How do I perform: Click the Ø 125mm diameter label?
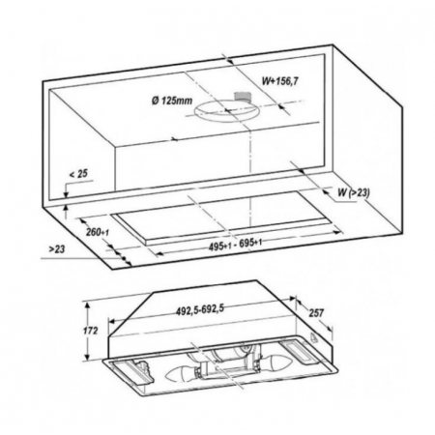[172, 101]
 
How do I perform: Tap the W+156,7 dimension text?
[279, 81]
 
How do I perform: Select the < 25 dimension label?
[78, 174]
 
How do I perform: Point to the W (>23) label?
[354, 192]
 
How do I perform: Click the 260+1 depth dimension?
[98, 232]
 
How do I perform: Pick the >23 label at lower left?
[57, 249]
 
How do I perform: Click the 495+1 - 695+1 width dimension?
[235, 245]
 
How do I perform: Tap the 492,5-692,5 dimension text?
[200, 310]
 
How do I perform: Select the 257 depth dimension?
[316, 312]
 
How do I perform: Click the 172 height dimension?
[90, 331]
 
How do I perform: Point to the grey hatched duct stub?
[243, 97]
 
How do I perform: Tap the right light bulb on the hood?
[274, 362]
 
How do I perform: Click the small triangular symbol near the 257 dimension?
[313, 336]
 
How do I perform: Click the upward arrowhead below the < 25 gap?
[66, 208]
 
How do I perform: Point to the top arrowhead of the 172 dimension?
[87, 305]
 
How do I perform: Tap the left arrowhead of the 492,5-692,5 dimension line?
[111, 321]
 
